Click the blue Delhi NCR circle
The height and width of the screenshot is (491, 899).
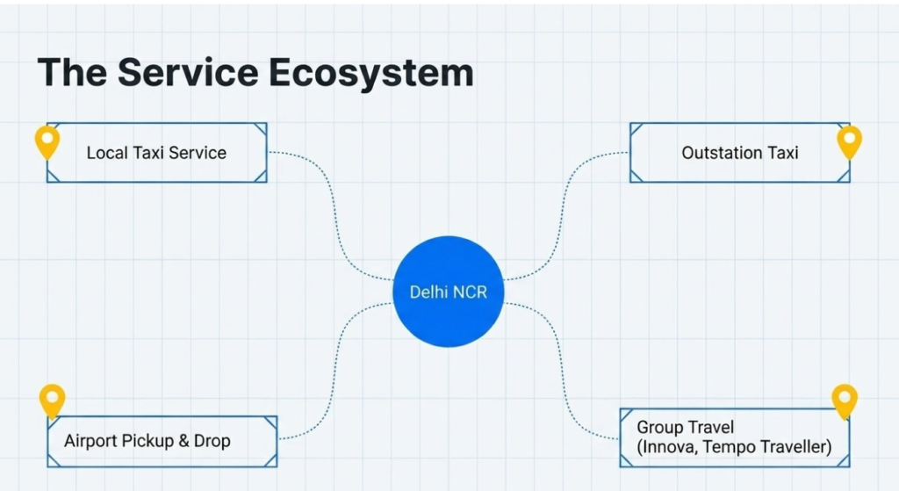coord(449,292)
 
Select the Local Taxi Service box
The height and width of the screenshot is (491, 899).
coord(156,153)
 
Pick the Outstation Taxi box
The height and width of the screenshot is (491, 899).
coord(739,153)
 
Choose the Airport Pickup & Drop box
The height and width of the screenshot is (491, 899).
coord(162,441)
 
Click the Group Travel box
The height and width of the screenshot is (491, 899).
coord(734,437)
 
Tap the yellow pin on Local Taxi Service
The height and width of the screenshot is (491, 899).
coord(47,141)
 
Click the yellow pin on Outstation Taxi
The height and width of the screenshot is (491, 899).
coord(849,141)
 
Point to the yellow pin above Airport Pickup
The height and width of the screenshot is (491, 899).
coord(53,400)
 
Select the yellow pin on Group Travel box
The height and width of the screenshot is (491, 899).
coord(845,400)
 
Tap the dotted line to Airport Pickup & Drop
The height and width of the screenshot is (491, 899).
coord(338,369)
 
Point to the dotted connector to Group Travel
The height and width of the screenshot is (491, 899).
coord(562,373)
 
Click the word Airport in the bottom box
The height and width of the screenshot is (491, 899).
coord(91,441)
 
